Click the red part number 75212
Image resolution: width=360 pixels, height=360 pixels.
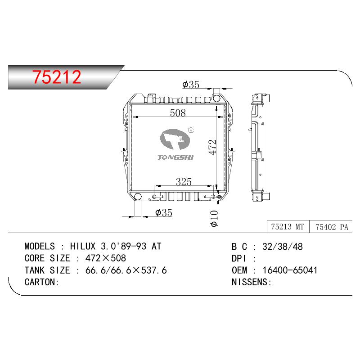pos(57,76)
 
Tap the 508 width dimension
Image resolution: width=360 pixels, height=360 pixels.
pos(178,113)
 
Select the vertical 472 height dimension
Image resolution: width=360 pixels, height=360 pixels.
pos(212,147)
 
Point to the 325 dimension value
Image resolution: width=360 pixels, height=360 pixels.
pos(184,182)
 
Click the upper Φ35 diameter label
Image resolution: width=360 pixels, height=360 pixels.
pos(191,85)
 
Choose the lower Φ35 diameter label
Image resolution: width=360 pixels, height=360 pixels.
pos(164,212)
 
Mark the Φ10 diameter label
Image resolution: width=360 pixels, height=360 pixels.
pos(214,218)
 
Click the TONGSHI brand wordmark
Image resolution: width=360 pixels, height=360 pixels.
pos(175,157)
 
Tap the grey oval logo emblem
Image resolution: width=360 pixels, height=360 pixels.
pos(175,139)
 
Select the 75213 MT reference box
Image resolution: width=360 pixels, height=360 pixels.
pos(288,227)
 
